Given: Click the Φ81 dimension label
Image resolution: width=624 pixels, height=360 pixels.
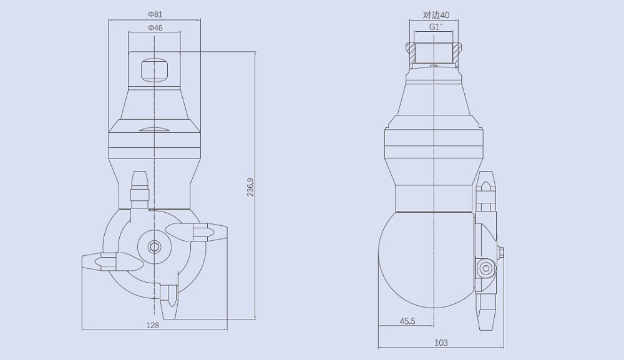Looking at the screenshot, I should pyautogui.click(x=155, y=13).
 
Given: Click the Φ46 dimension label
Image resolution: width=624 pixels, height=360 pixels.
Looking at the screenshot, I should pyautogui.click(x=155, y=27).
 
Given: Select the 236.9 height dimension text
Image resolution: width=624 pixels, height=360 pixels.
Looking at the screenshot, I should pyautogui.click(x=250, y=187).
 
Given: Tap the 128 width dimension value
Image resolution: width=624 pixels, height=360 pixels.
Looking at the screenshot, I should pyautogui.click(x=153, y=325).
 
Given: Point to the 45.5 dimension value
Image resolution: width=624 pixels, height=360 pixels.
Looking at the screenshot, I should pyautogui.click(x=407, y=321).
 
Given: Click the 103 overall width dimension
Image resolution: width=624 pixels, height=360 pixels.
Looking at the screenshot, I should pyautogui.click(x=441, y=343).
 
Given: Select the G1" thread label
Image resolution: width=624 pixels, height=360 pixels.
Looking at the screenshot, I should pyautogui.click(x=436, y=27).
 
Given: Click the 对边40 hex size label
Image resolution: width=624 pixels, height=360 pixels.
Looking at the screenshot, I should pyautogui.click(x=436, y=14).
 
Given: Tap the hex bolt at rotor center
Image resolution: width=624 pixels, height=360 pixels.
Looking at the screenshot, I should pyautogui.click(x=154, y=247).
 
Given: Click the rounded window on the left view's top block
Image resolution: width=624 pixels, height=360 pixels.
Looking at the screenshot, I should pyautogui.click(x=154, y=69).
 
